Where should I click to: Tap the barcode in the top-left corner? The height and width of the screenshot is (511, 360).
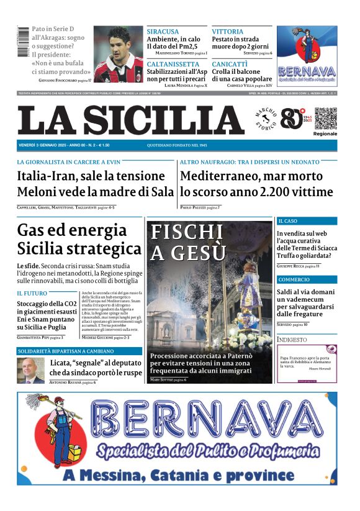[23, 42]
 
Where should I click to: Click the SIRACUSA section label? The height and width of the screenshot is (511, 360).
[163, 32]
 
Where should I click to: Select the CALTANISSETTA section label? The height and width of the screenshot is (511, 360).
[173, 64]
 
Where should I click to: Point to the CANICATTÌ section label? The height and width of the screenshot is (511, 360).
[230, 64]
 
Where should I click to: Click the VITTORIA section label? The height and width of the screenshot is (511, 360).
[227, 32]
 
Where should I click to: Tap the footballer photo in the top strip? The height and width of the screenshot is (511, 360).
[119, 54]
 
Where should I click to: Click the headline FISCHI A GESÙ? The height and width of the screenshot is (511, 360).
[187, 242]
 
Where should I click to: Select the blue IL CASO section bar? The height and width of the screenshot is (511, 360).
[307, 221]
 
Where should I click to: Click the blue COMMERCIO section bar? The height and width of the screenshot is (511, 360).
[307, 279]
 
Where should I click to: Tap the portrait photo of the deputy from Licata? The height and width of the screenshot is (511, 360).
[30, 371]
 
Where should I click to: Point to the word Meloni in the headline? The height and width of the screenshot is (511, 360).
[38, 192]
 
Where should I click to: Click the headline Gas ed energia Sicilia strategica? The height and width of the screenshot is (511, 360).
[79, 240]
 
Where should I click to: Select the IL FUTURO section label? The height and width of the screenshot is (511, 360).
[32, 293]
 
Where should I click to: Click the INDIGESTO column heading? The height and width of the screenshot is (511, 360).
[292, 340]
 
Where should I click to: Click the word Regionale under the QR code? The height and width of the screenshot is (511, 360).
[325, 133]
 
